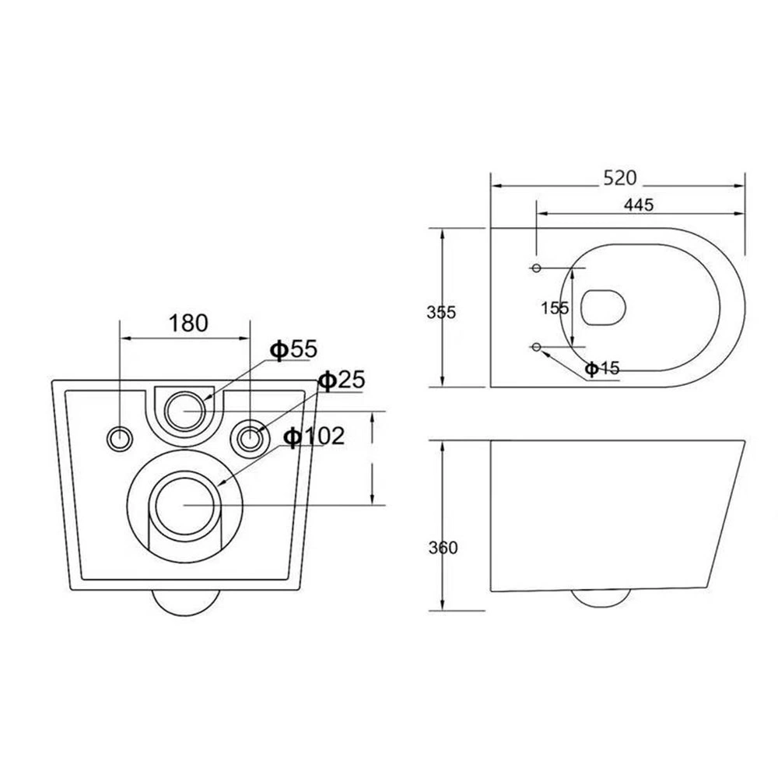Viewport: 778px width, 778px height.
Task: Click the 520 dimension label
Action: (620, 177)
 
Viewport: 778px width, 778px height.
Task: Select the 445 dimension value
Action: (639, 205)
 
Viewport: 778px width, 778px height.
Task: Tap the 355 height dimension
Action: (441, 312)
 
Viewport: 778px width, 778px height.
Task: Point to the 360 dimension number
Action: (443, 548)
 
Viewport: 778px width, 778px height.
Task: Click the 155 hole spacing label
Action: (555, 308)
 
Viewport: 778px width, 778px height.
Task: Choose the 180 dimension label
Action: (188, 323)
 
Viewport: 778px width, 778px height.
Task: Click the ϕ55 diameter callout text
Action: (293, 349)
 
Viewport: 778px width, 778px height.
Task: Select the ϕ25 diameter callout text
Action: (342, 380)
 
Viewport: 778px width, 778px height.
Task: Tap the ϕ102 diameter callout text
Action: (314, 436)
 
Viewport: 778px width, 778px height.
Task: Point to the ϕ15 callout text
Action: (602, 368)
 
